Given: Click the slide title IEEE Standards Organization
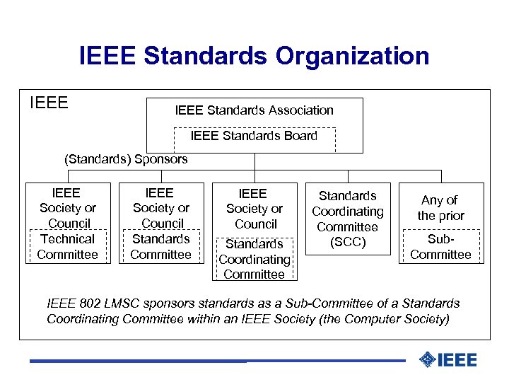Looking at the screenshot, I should pos(255,55).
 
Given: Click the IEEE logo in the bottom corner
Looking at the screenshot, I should pos(448,360).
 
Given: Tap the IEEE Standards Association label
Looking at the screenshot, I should pos(254,110).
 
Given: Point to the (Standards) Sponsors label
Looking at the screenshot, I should pos(126,159).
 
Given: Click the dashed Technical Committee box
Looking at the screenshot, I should pos(68,246).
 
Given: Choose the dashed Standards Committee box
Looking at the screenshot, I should pos(161,246).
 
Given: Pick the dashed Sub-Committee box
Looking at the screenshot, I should pos(440,246).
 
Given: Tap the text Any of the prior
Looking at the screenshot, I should pos(440,208).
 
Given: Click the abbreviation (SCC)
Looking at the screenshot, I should pos(348,243).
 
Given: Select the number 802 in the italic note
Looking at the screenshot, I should pos(88,303).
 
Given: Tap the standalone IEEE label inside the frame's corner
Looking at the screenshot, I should pos(49,103).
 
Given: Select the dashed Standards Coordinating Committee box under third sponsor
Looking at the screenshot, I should pos(255,259).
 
